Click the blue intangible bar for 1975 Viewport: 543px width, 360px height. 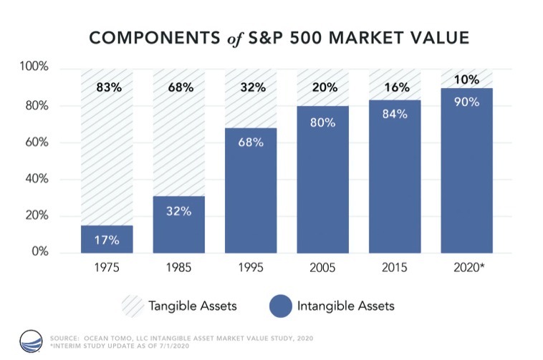[x=107, y=238]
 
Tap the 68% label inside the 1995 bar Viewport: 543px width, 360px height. [x=251, y=142]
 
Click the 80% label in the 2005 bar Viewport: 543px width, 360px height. [x=322, y=122]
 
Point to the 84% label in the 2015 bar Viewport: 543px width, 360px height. [x=395, y=114]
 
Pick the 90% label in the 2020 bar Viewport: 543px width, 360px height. [x=466, y=102]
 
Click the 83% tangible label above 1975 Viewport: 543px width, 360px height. [x=107, y=88]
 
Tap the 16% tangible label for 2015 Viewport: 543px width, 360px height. [x=395, y=88]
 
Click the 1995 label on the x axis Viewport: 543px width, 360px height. [x=251, y=271]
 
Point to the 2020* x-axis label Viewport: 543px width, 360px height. [x=468, y=271]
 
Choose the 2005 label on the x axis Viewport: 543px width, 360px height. [x=322, y=271]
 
